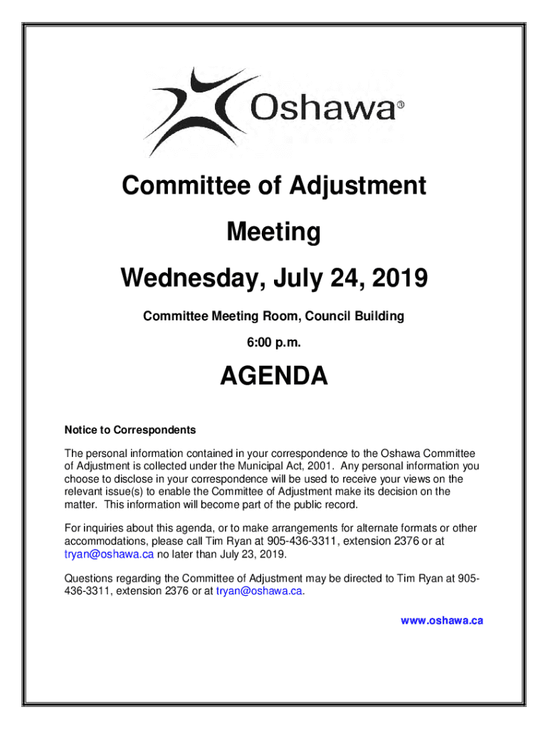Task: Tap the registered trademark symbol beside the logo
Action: point(400,105)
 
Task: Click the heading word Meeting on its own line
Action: point(273,232)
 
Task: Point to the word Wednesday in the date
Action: point(181,278)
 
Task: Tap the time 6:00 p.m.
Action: point(273,343)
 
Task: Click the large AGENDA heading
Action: point(273,377)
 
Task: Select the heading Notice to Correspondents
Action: point(130,430)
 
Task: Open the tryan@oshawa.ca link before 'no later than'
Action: point(109,555)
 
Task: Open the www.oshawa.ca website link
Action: point(442,621)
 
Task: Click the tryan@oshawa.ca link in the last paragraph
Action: point(260,590)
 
